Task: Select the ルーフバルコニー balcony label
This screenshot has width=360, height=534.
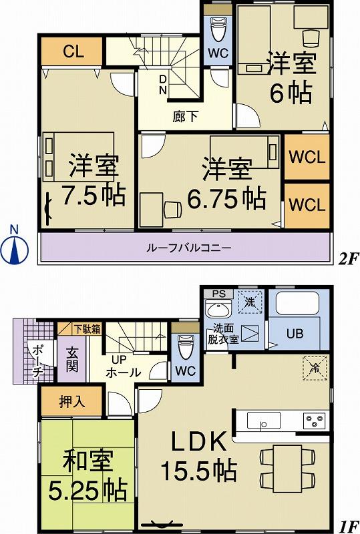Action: coord(189,248)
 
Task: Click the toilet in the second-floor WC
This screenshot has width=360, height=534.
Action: coord(218,29)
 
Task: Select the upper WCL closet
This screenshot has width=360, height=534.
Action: coord(307,158)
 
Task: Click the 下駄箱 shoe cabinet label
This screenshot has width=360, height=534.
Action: coord(87,328)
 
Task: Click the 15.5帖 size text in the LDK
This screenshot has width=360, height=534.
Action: coord(197,471)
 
